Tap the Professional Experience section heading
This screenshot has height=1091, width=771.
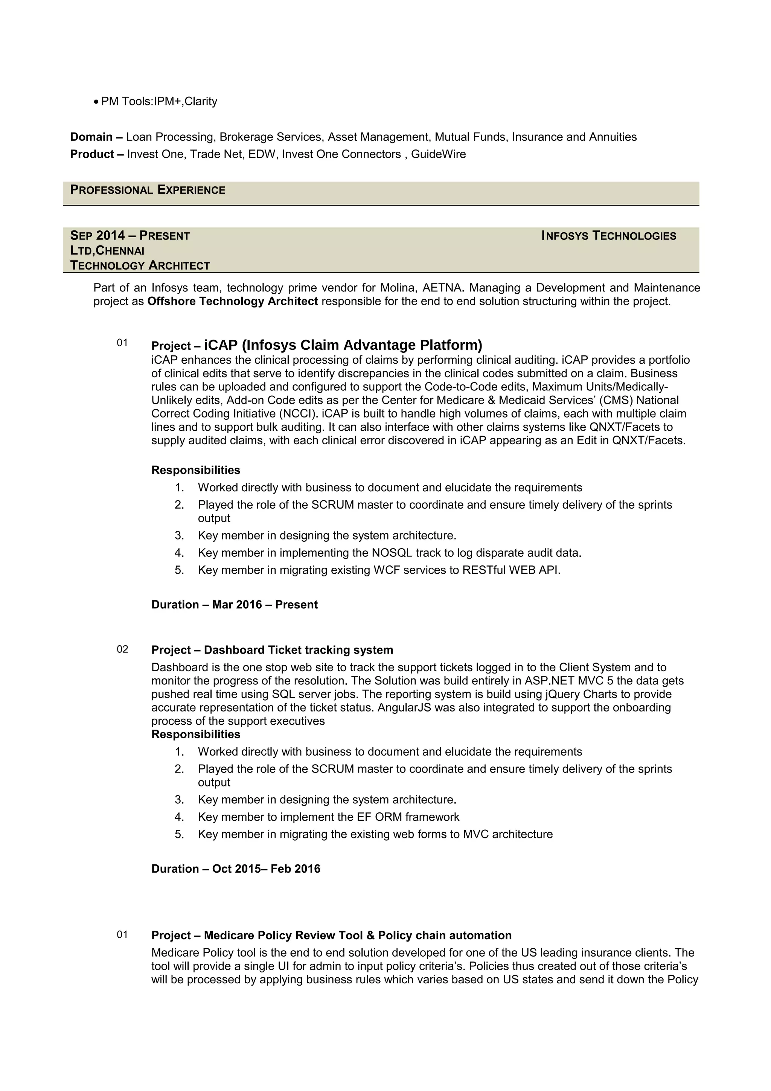point(148,190)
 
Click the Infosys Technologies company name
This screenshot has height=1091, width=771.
point(608,236)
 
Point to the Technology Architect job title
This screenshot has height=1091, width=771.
point(140,266)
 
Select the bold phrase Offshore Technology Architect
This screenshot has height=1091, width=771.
point(232,302)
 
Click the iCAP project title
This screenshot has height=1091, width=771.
point(343,345)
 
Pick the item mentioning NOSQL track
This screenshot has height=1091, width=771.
point(390,553)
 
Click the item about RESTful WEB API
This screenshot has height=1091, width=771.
point(379,570)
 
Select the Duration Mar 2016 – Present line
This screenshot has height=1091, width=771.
point(234,605)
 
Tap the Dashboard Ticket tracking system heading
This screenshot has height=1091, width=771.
point(298,650)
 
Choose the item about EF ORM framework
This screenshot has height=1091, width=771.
point(328,817)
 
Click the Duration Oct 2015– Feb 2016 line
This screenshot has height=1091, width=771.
point(236,869)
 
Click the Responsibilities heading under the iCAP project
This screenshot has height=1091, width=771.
point(196,471)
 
